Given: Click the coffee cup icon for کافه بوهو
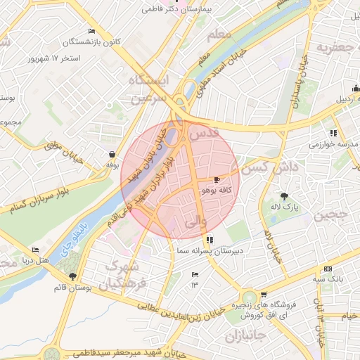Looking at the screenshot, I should click(x=217, y=180).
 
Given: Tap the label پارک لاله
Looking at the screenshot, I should click(x=287, y=209).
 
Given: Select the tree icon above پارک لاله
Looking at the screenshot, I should click(x=284, y=196).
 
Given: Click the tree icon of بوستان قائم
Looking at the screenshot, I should click(x=73, y=276).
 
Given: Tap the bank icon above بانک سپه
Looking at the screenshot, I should click(x=328, y=269).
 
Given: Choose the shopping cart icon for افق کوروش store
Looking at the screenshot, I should click(x=263, y=295).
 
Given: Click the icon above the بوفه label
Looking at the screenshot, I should click(x=112, y=154).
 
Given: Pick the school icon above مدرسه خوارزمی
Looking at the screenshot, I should click(x=333, y=132).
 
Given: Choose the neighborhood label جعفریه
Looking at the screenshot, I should click(x=333, y=48).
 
